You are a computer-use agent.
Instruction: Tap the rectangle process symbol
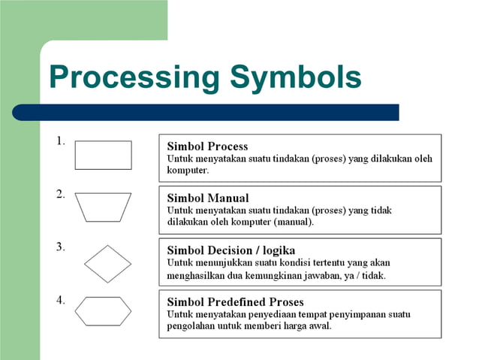coord(103,155)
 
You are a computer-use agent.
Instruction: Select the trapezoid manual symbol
coord(103,207)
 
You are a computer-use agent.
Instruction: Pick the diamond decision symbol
coord(107,264)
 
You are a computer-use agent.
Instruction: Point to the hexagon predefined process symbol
coord(103,310)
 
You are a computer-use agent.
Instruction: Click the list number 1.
coord(60,141)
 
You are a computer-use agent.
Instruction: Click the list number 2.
coord(60,194)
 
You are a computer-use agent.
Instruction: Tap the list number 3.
coord(60,246)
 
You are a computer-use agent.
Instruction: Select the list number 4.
coord(60,299)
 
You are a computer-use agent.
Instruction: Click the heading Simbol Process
coord(207,146)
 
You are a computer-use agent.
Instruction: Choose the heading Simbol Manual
coord(207,198)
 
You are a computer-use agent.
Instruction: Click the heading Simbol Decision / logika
coord(230,250)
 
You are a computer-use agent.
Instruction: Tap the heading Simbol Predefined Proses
coord(235,302)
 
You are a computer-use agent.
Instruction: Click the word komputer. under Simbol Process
coord(188,171)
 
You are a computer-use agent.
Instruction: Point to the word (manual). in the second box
coord(294,222)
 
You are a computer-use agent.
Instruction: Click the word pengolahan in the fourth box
coord(191,326)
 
